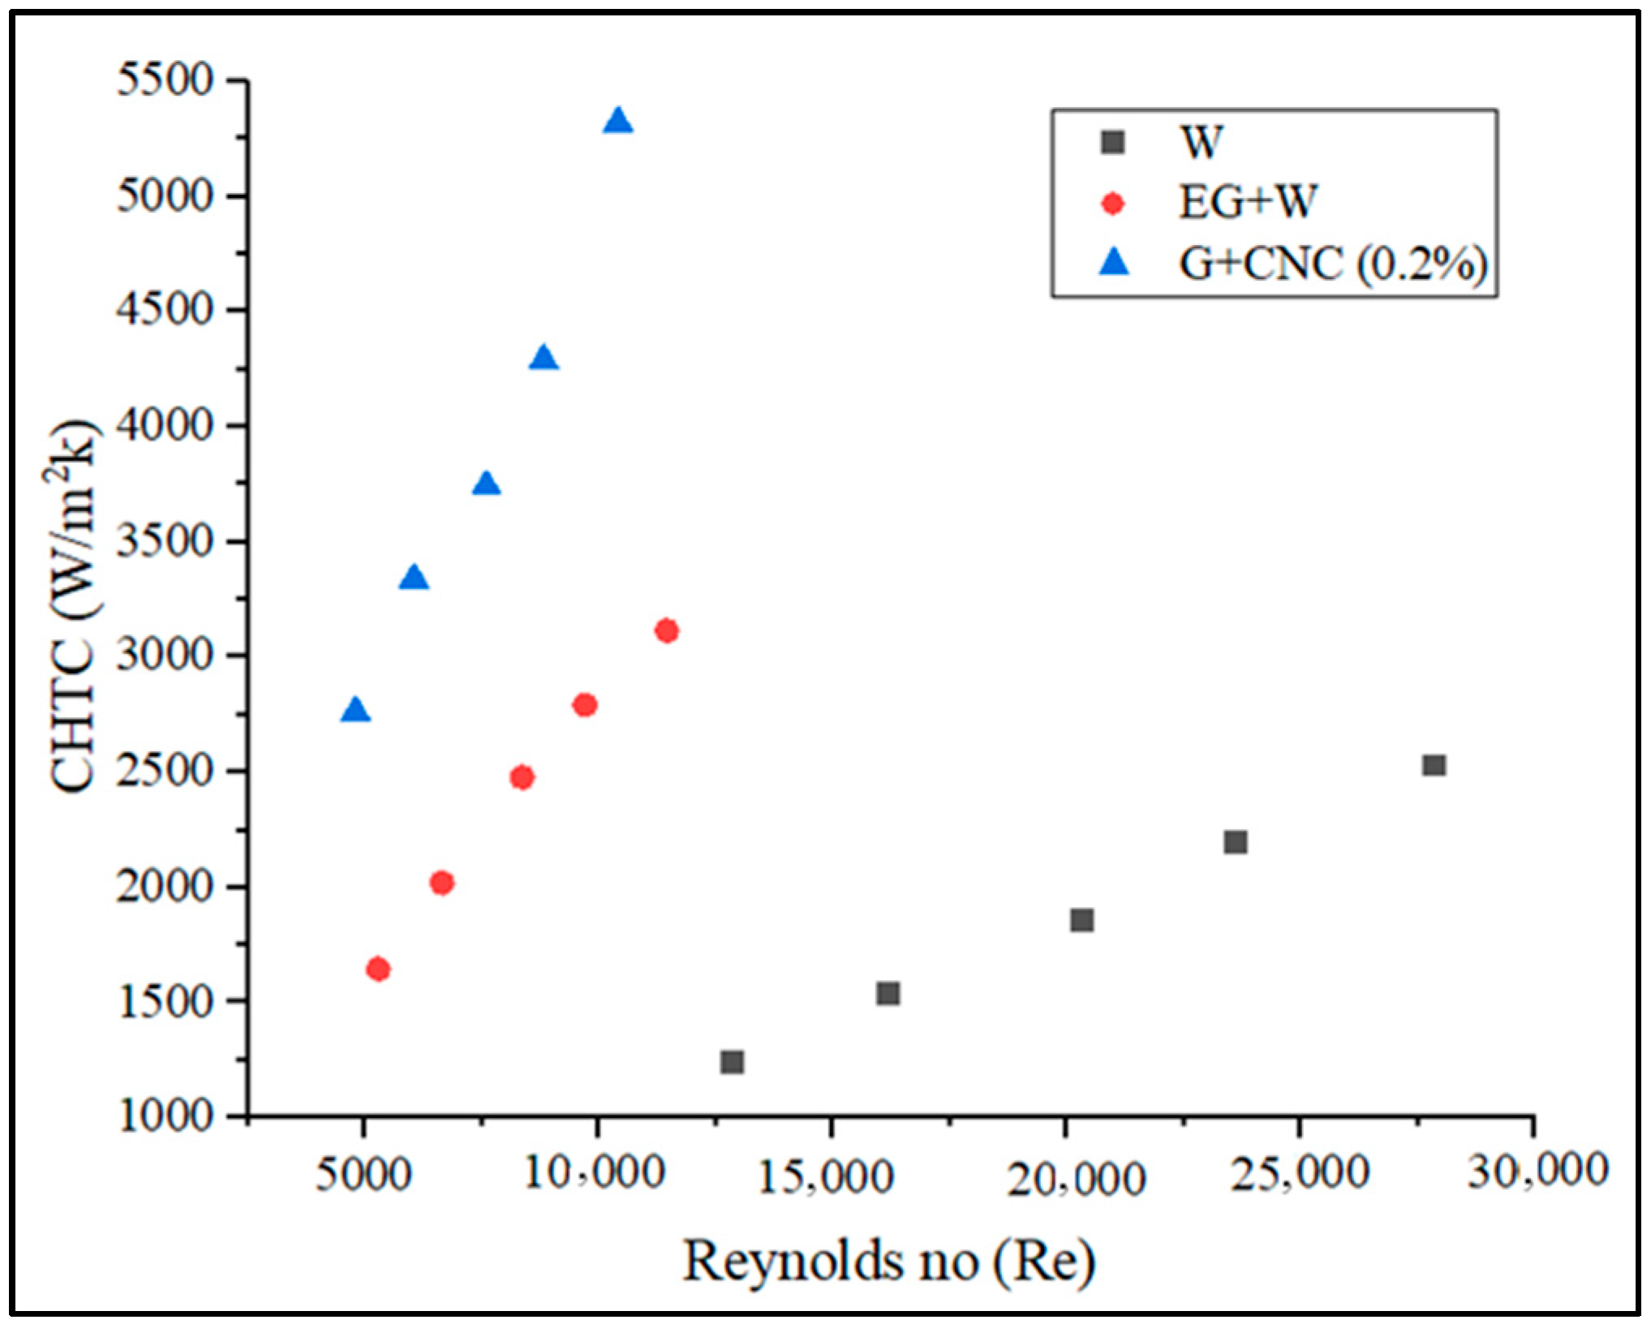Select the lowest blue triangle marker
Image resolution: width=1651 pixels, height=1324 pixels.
355,711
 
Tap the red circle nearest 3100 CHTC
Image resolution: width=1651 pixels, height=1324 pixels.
667,630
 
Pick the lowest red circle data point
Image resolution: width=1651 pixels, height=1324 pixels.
378,969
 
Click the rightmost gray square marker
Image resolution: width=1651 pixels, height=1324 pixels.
1434,765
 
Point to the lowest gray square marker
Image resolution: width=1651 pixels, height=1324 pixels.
732,1062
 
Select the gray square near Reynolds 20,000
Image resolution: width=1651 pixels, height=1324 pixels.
1081,920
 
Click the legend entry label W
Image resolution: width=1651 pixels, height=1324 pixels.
1201,143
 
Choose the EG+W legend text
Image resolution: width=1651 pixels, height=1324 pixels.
1246,202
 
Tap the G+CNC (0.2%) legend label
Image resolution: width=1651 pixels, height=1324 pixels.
1333,263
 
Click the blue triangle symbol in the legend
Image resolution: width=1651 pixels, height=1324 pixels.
1114,262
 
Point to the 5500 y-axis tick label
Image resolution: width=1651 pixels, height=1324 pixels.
166,80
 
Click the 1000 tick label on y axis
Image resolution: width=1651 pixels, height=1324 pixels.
166,1117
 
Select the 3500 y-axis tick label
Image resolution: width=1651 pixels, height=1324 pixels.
166,541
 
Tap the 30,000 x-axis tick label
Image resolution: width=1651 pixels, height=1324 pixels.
1537,1171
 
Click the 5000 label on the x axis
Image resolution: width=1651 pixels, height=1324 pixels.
363,1174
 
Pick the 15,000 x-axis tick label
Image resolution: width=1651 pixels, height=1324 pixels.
826,1176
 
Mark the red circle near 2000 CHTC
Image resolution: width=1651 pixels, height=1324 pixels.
441,883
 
